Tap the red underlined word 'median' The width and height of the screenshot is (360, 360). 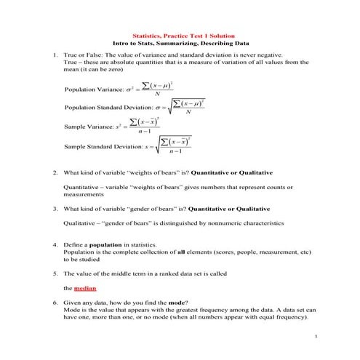75,288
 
